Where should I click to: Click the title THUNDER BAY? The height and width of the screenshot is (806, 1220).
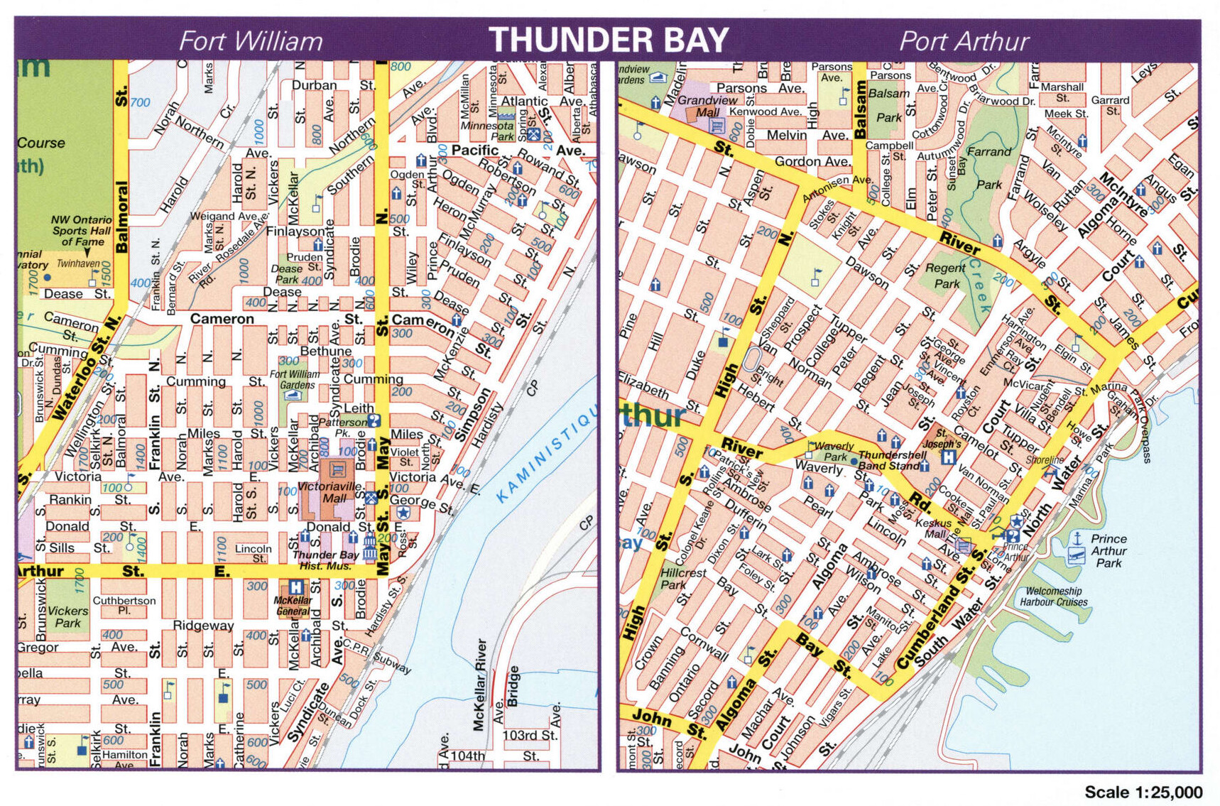click(x=609, y=40)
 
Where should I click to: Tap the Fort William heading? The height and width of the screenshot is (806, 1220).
click(x=250, y=41)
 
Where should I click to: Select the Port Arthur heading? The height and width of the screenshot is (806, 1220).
click(x=964, y=41)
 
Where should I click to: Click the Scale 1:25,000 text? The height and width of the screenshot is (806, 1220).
click(x=1143, y=792)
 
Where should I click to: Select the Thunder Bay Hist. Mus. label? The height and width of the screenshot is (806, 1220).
click(x=325, y=560)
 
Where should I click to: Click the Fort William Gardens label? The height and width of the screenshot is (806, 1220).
click(x=295, y=379)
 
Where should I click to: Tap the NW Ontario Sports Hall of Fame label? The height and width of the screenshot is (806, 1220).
click(x=82, y=231)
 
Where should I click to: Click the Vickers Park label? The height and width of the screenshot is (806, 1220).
click(x=68, y=616)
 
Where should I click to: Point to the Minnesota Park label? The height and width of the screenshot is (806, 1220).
click(x=487, y=131)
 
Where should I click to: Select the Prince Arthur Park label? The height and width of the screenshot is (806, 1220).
click(x=1109, y=550)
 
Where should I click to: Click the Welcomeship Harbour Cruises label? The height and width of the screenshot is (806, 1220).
click(x=1053, y=597)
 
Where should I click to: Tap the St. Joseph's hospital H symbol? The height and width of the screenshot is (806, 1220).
click(x=948, y=457)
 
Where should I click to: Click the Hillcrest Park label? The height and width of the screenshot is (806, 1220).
click(x=682, y=578)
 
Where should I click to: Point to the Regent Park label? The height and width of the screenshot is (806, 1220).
click(x=945, y=276)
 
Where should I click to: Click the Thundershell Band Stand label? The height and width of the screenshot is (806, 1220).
click(x=892, y=460)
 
